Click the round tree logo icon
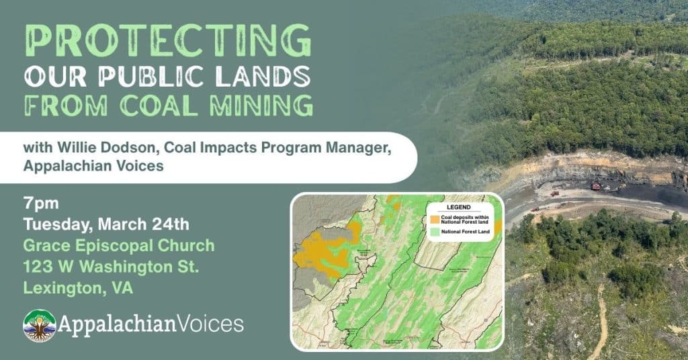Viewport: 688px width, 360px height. [39, 326]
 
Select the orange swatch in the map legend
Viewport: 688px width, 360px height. [435, 219]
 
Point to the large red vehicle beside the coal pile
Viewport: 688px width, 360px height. [595, 186]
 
